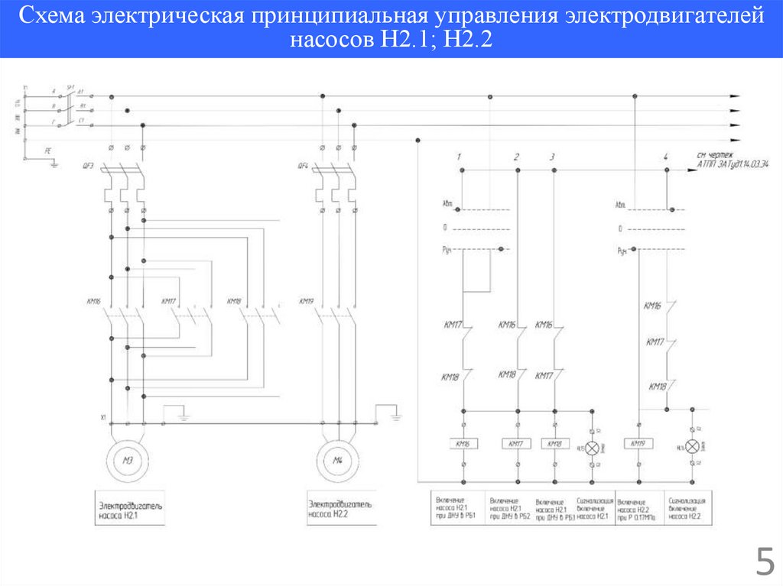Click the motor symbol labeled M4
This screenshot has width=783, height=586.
click(337, 458)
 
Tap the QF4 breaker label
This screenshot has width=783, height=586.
click(303, 166)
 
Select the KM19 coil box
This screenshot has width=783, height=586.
click(637, 443)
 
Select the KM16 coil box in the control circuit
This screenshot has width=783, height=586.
click(464, 443)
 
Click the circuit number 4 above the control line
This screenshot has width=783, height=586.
click(666, 157)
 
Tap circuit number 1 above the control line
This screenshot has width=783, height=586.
click(459, 157)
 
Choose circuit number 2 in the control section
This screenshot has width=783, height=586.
click(517, 157)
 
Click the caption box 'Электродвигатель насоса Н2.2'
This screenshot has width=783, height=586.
click(341, 509)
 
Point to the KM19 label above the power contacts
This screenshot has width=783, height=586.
click(307, 301)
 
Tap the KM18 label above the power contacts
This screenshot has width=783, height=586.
click(234, 301)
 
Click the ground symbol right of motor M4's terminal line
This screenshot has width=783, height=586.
click(395, 417)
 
